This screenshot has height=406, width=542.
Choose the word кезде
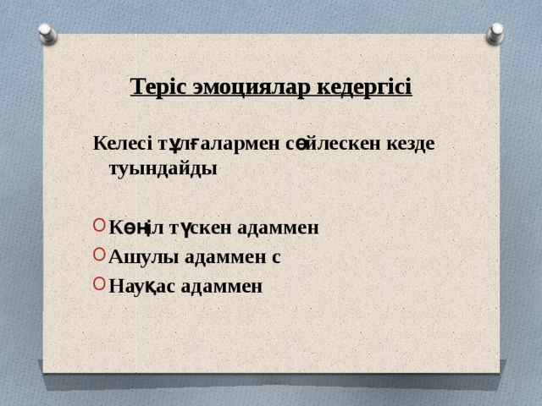[x=410, y=143]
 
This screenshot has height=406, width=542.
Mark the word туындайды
[x=163, y=167]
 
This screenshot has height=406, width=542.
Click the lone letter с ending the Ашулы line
[x=275, y=258]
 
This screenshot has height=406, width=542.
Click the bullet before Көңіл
[x=100, y=227]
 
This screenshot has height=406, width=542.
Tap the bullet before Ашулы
[x=100, y=256]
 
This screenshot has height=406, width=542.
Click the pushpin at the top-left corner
[x=47, y=34]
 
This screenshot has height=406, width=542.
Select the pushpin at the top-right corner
[x=495, y=33]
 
